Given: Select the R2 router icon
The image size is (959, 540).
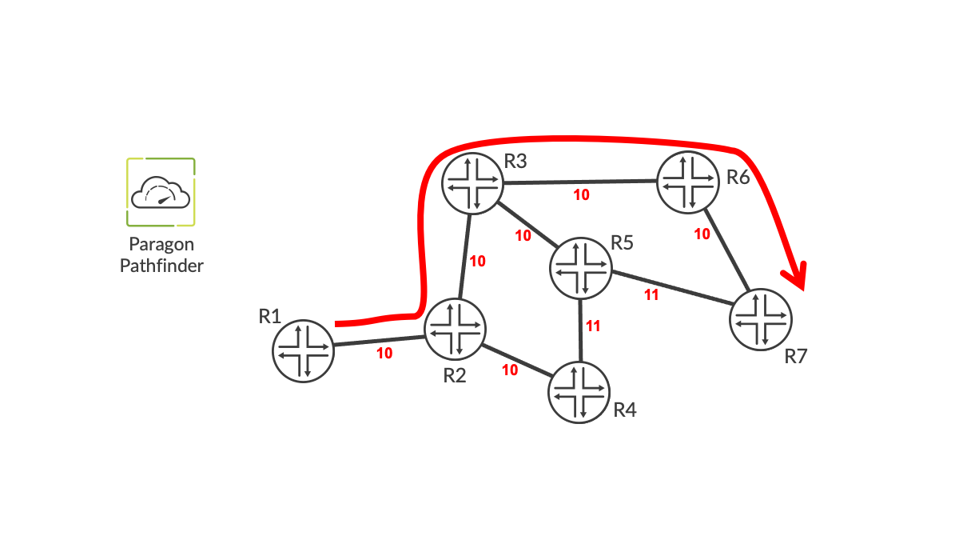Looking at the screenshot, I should click(x=455, y=328).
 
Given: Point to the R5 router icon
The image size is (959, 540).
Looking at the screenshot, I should click(x=580, y=268).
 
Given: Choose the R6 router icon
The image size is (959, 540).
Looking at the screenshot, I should click(x=687, y=182).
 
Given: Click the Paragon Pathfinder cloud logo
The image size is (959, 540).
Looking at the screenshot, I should click(x=161, y=192).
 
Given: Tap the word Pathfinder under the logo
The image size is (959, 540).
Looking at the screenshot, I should click(x=161, y=266).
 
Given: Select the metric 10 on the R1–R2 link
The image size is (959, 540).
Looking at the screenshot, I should click(x=384, y=353).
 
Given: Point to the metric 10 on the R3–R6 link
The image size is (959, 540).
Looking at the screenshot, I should click(x=583, y=194).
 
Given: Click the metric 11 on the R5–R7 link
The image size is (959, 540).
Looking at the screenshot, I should click(x=651, y=295).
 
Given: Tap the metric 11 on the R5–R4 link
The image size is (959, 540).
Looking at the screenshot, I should click(x=593, y=326).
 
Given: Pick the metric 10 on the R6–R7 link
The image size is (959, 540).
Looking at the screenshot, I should click(x=702, y=234).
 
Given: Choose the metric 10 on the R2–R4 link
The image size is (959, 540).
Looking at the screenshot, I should click(x=510, y=370).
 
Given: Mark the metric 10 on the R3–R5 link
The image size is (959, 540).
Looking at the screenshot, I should click(x=523, y=235).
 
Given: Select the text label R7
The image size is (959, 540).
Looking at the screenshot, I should click(x=795, y=356).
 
